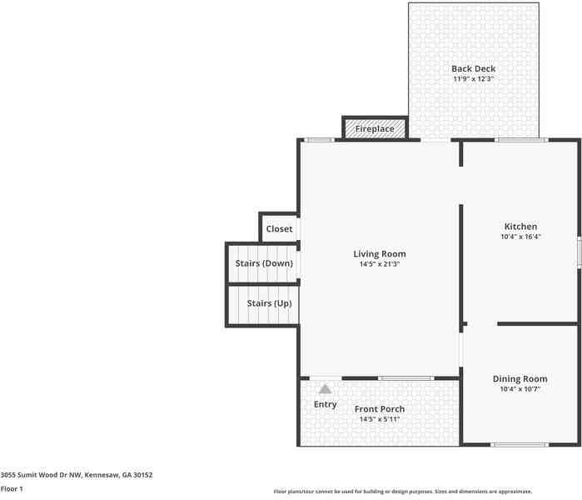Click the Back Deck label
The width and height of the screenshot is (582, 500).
click(x=473, y=69)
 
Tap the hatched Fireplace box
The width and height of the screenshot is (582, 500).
click(x=375, y=129)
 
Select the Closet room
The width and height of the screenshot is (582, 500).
click(x=279, y=229)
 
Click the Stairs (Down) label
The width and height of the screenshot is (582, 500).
click(x=264, y=263)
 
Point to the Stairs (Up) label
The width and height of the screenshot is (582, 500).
click(x=269, y=303)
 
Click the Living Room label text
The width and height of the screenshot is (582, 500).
click(x=380, y=254)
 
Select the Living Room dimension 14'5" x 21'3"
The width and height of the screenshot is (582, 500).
click(x=380, y=265)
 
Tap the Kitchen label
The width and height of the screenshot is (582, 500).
click(x=520, y=227)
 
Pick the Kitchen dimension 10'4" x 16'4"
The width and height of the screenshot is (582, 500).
click(x=520, y=237)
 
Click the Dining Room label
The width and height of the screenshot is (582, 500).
click(x=520, y=379)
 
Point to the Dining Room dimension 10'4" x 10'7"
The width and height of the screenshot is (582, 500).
click(x=520, y=389)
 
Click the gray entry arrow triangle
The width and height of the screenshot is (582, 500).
click(x=325, y=388)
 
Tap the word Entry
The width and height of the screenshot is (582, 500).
click(x=325, y=405)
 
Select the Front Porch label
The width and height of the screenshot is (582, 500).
click(x=380, y=409)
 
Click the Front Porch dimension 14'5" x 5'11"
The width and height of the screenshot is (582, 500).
click(x=380, y=419)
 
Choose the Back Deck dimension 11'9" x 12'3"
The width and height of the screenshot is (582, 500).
click(x=473, y=79)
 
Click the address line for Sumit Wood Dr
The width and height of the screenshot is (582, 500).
click(x=77, y=475)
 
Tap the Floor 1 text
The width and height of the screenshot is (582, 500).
click(x=12, y=489)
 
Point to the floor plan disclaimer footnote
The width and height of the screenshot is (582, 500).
click(x=403, y=492)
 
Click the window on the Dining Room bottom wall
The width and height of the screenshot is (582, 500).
click(x=520, y=444)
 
